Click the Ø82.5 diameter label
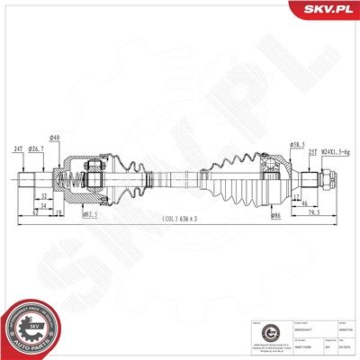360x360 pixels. coord(89,213)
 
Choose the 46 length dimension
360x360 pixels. coord(306,204)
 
